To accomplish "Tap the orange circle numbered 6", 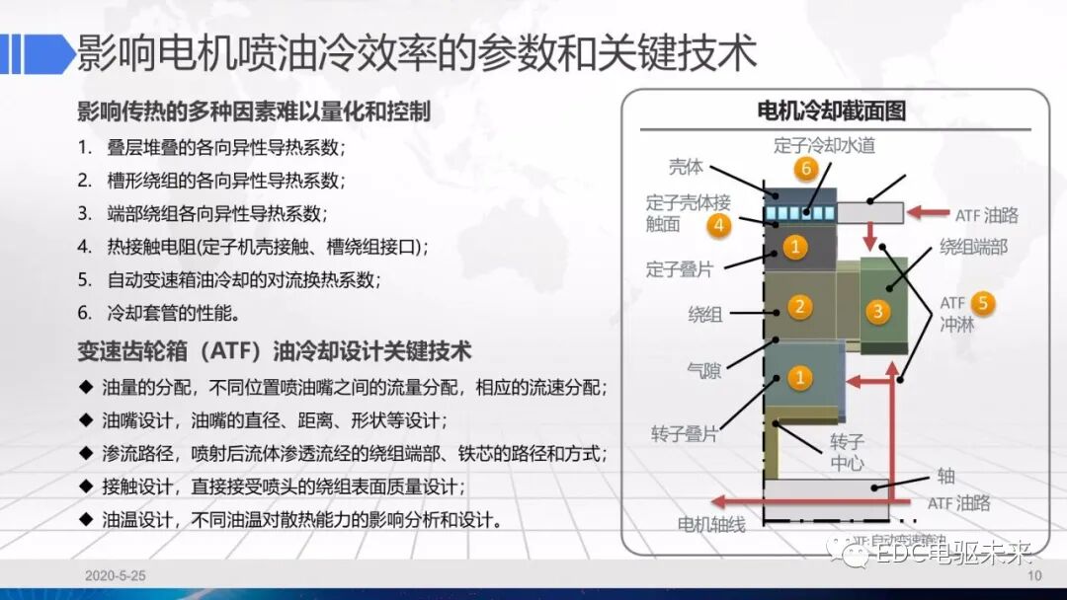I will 806,169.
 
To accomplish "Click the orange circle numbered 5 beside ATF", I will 981,302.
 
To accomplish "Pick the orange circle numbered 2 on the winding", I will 799,307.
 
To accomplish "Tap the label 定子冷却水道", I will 824,144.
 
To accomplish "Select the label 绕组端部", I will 973,247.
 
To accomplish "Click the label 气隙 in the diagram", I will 703,371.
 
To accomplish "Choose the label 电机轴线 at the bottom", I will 710,523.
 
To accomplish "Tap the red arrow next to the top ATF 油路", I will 930,212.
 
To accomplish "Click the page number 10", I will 1034,575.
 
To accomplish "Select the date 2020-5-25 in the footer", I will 116,575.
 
